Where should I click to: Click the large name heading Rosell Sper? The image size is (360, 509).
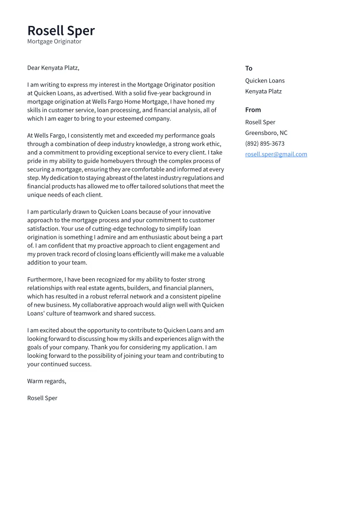point(61,31)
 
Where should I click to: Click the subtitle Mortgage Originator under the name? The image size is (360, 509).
point(54,41)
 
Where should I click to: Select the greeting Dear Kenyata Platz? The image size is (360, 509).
point(53,68)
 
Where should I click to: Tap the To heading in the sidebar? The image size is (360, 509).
point(248,68)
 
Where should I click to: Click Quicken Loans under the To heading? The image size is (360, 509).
point(264,81)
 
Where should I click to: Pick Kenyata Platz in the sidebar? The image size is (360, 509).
point(263,92)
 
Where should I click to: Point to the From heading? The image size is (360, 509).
point(253,110)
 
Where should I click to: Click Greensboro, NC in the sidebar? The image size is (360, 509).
point(266,133)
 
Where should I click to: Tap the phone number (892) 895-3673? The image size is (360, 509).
point(264,144)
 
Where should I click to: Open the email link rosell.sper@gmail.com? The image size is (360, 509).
point(276,154)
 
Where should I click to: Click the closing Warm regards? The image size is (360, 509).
point(46,381)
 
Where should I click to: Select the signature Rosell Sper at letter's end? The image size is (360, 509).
point(42,398)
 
